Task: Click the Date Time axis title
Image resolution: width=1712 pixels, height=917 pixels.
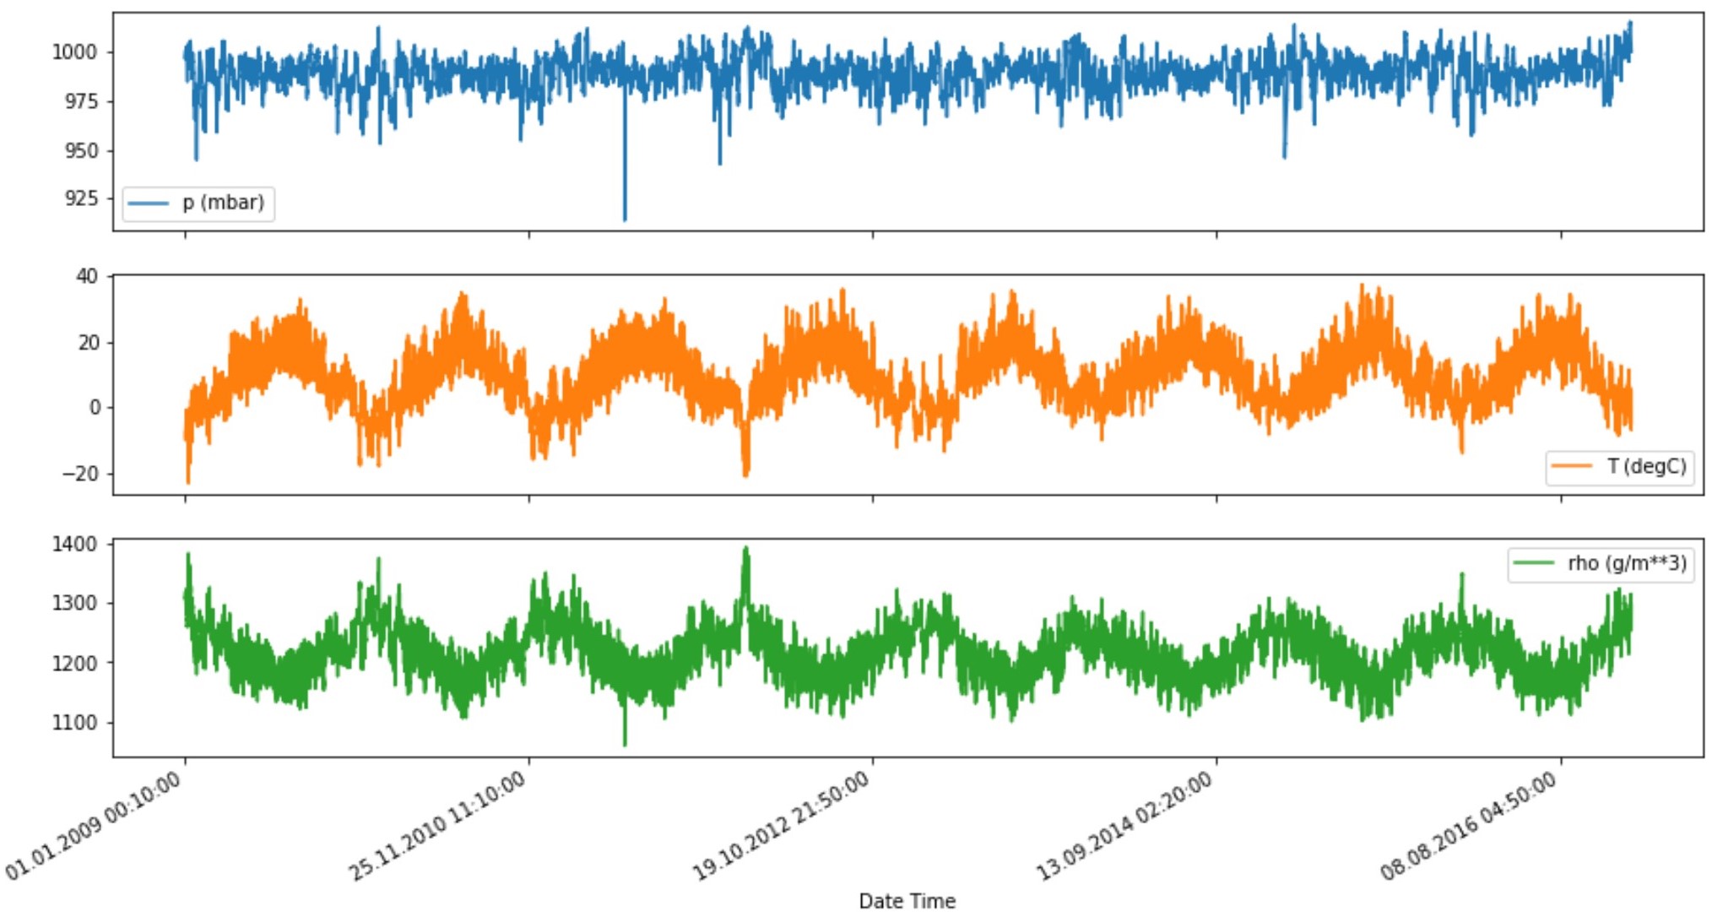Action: [x=907, y=901]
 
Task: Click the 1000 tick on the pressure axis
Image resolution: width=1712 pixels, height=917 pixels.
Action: [x=75, y=52]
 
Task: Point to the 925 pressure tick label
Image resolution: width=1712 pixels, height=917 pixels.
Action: [x=82, y=198]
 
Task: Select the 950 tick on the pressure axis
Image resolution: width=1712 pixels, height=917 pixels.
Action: [x=82, y=150]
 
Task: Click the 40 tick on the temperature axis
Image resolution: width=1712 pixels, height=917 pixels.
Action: [x=87, y=276]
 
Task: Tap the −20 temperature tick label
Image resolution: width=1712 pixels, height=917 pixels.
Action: [x=80, y=474]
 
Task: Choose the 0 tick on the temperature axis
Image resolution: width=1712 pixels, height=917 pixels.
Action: [x=95, y=408]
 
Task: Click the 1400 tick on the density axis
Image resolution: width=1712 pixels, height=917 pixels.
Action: [x=75, y=545]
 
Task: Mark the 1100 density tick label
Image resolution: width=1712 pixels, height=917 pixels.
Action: [x=75, y=723]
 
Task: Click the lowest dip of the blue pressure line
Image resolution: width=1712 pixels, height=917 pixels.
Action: [x=625, y=220]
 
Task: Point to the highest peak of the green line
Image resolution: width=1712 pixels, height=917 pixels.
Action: [x=745, y=548]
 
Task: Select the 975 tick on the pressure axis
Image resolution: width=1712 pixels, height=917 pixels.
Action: [x=82, y=101]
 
